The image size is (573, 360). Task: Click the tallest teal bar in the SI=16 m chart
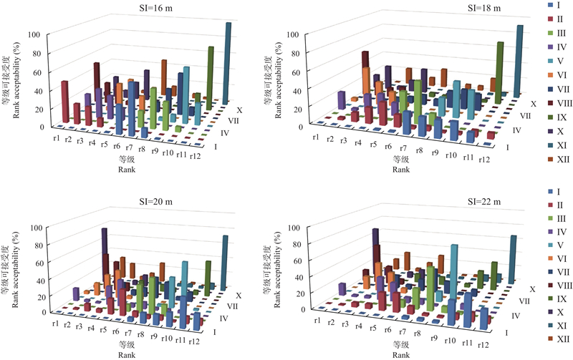[228, 61]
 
